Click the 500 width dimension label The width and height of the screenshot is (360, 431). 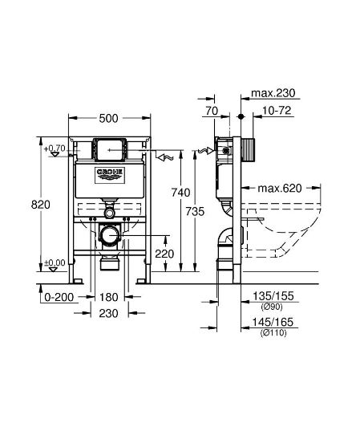coord(108,118)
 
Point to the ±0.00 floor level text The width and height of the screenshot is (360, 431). coord(55,262)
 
